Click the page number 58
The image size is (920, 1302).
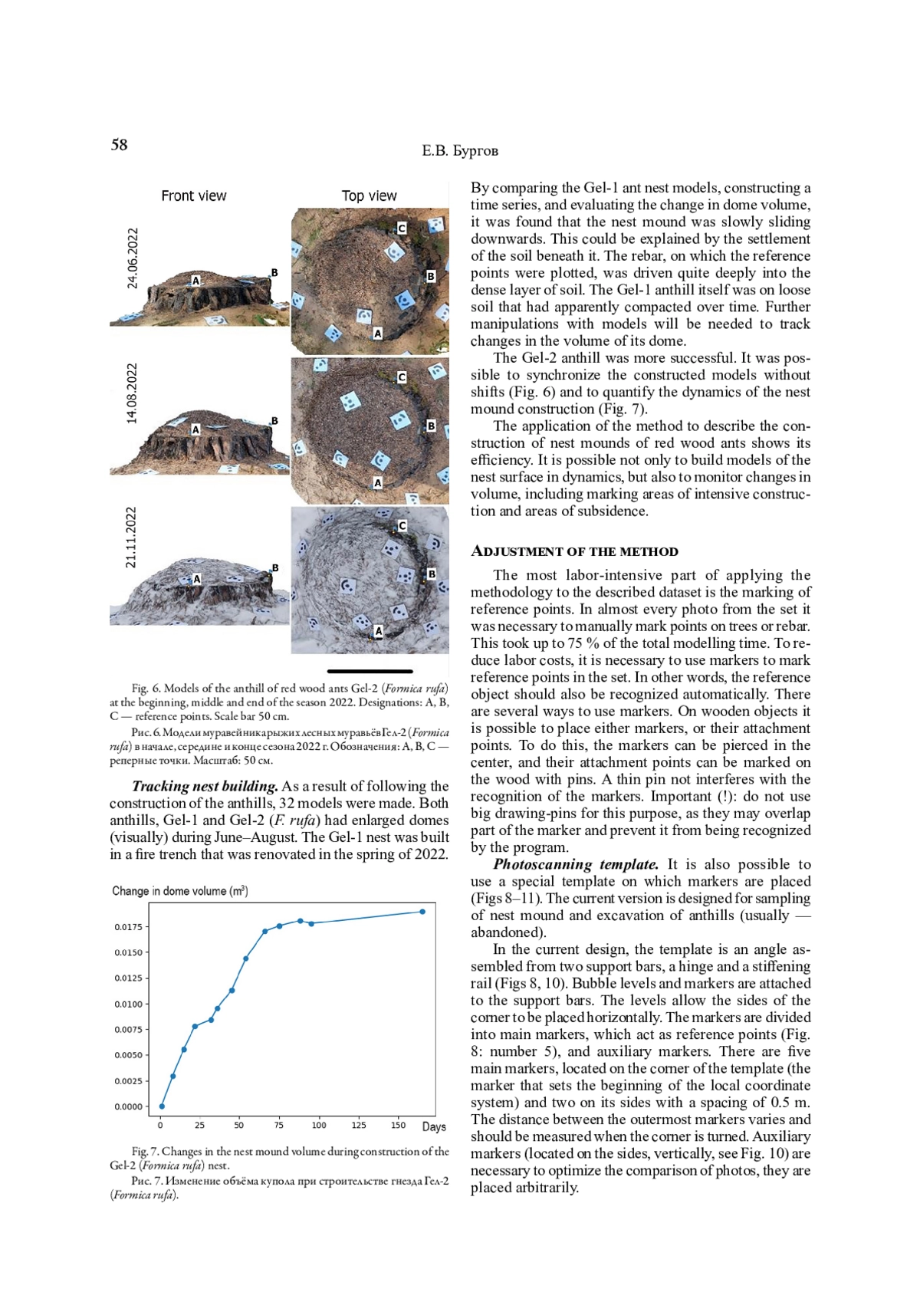click(x=120, y=145)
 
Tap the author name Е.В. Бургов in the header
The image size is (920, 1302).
click(x=460, y=151)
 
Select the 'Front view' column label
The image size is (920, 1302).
click(x=193, y=196)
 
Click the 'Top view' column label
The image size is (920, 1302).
click(x=369, y=196)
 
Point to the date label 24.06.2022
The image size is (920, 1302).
click(x=133, y=258)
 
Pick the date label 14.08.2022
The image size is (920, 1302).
click(x=133, y=393)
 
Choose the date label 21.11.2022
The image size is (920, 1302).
click(x=132, y=538)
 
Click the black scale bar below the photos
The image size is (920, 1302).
click(x=370, y=672)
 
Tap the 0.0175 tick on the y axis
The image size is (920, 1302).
click(x=129, y=927)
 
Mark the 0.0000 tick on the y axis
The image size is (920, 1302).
click(x=129, y=1106)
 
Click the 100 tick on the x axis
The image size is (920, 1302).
click(x=318, y=1126)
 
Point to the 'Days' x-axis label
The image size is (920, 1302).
click(x=434, y=1126)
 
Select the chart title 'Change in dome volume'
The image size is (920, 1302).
click(x=179, y=891)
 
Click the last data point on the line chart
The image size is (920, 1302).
click(x=422, y=912)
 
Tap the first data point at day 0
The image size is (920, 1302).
click(x=162, y=1106)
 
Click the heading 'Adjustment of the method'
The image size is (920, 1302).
click(x=574, y=551)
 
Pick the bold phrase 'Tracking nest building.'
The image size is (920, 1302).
click(x=205, y=786)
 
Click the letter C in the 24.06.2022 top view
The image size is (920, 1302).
click(x=401, y=229)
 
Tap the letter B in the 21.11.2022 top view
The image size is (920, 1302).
click(x=432, y=574)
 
